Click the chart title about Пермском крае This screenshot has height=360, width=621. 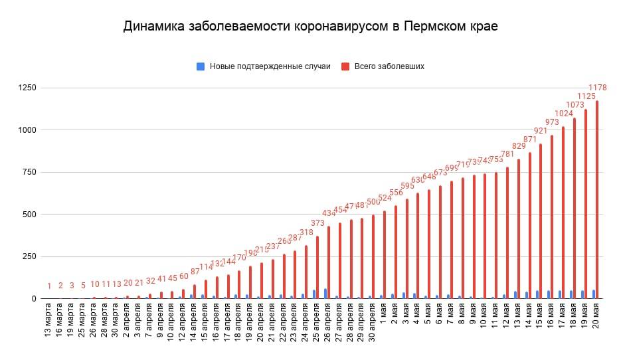point(310,27)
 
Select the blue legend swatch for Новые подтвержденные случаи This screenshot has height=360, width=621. point(200,66)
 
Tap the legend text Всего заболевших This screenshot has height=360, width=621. point(389,66)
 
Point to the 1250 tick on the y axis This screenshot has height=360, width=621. point(29,88)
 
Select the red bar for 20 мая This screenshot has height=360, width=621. point(597,199)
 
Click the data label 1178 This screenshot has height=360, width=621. point(598,88)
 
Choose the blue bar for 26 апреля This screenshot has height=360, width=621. point(325,294)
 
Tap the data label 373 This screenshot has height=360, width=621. point(317,223)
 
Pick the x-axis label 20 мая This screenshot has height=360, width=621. point(596,321)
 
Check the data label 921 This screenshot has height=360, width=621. point(541,131)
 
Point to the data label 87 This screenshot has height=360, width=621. point(195,271)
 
